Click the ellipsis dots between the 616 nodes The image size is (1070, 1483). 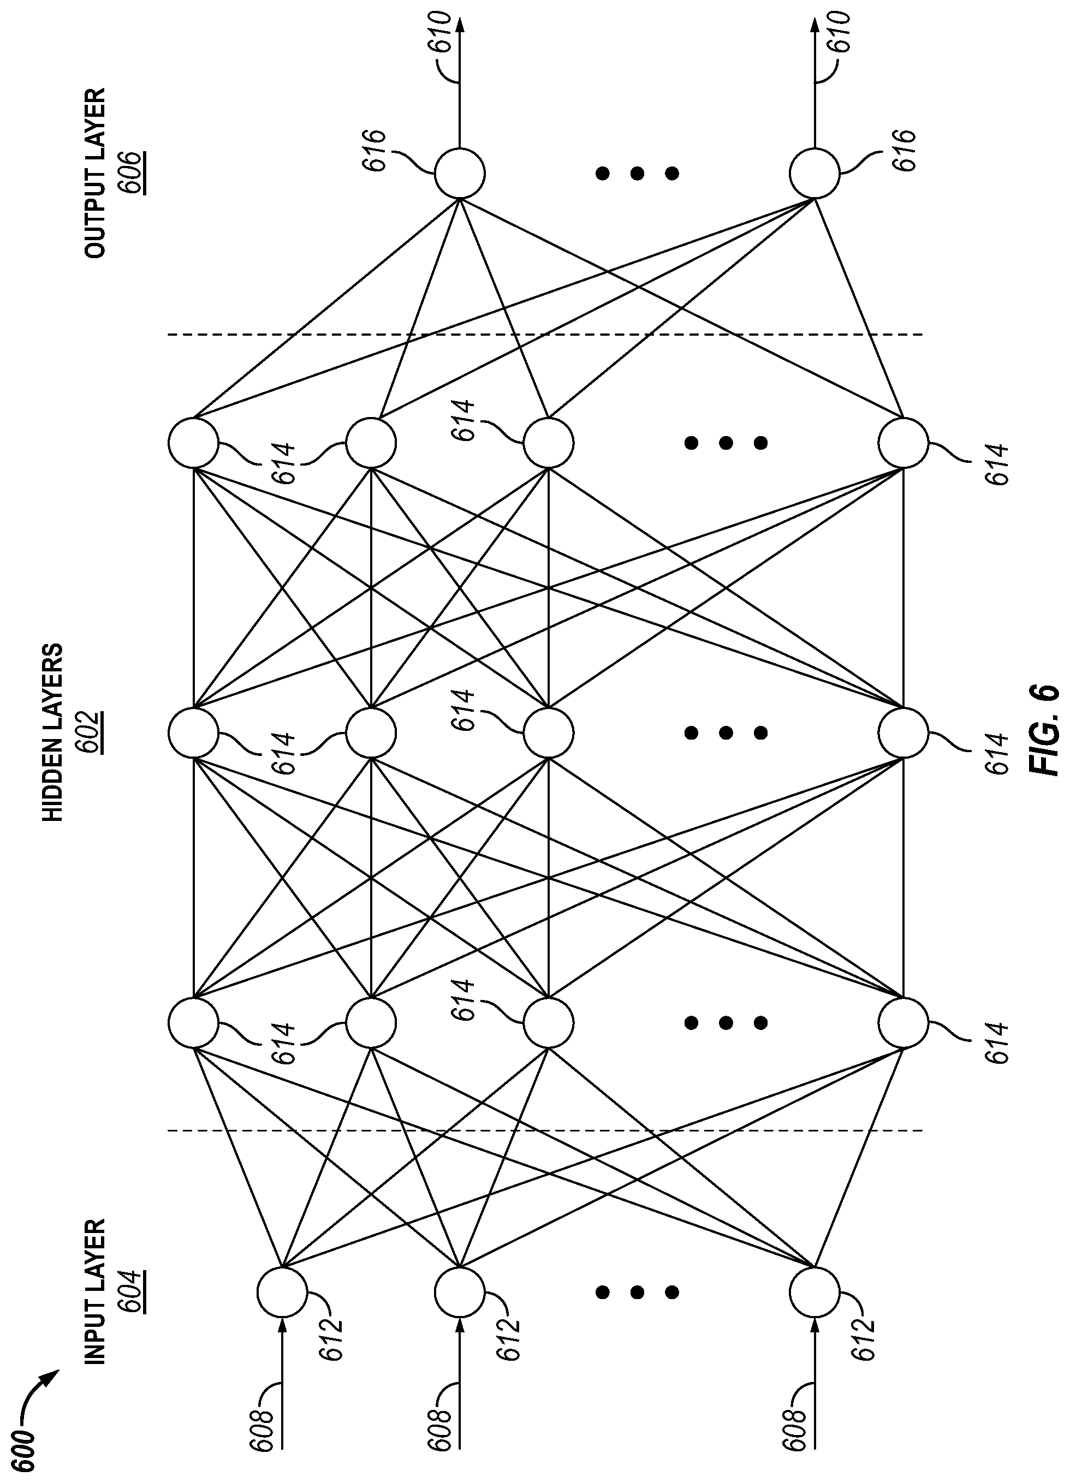[x=637, y=173]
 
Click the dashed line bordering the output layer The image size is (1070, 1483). [x=545, y=335]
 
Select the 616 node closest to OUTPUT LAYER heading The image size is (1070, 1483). [x=460, y=173]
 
